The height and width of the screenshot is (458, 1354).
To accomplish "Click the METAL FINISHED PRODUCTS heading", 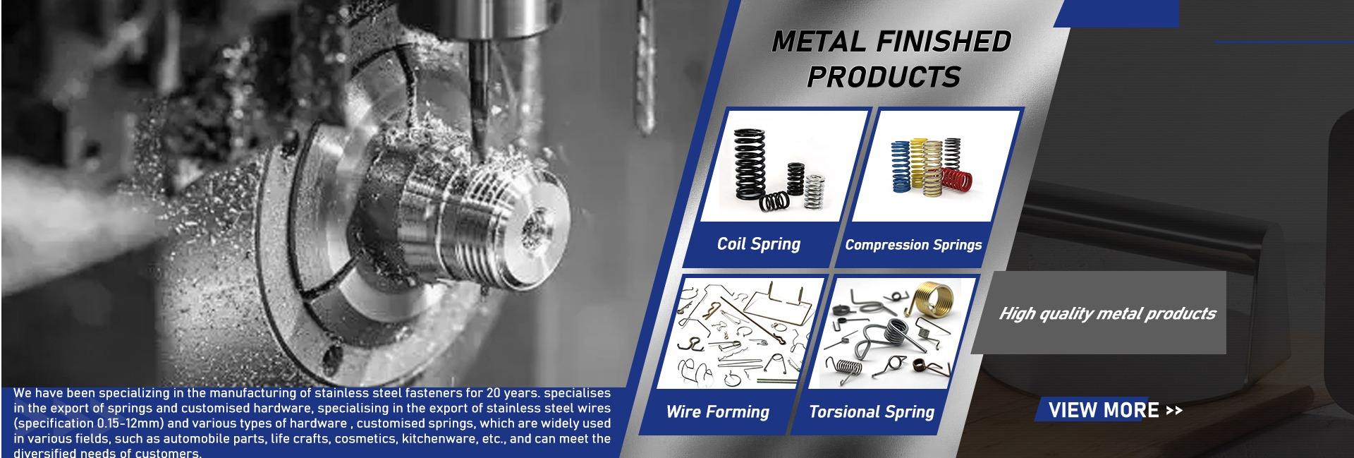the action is tap(890, 59).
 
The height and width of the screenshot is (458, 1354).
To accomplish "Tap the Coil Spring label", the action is tap(758, 244).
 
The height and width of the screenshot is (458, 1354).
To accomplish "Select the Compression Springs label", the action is tap(913, 245).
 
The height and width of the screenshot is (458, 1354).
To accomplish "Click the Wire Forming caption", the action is tap(717, 412).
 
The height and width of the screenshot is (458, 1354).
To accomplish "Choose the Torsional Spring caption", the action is tap(871, 412).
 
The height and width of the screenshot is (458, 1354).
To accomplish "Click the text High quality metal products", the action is tap(1107, 314).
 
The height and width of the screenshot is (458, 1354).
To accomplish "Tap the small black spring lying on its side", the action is tap(774, 201).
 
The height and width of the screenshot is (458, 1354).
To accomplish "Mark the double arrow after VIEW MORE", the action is tap(1173, 411).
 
